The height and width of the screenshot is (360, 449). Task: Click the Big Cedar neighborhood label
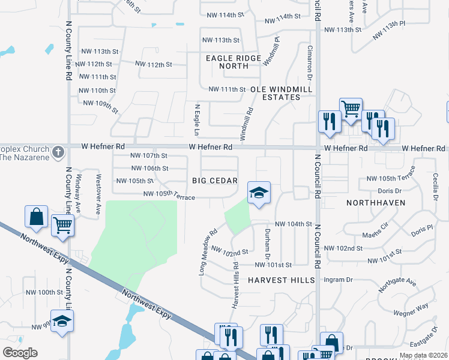[x=215, y=181]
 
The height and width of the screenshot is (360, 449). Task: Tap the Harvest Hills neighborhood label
[x=281, y=280]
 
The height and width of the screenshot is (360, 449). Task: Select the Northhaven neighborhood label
[x=376, y=203]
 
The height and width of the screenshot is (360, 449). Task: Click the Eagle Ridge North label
[x=234, y=62]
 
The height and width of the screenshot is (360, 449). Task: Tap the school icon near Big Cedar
[x=259, y=193]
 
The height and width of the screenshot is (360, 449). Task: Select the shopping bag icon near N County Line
[x=36, y=217]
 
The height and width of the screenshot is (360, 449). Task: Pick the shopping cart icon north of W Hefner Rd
[x=351, y=109]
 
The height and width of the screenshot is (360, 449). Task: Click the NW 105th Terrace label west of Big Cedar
[x=169, y=196]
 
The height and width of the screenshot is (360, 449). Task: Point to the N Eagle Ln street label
[x=196, y=119]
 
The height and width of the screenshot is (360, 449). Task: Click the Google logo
[x=20, y=353]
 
